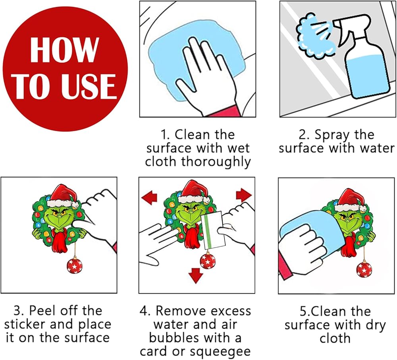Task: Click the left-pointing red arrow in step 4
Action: (x=149, y=197)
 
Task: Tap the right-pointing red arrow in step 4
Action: (x=244, y=195)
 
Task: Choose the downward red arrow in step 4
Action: (x=196, y=275)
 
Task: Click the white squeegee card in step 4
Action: (x=213, y=230)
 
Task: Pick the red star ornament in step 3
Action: (x=75, y=265)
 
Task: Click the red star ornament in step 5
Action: (x=364, y=269)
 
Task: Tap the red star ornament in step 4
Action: (x=208, y=261)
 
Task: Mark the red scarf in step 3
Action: (x=60, y=240)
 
